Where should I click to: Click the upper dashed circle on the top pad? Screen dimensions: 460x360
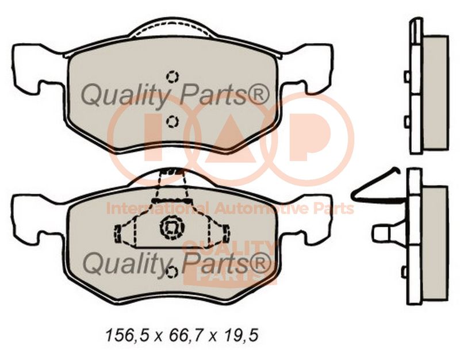tap(172, 76)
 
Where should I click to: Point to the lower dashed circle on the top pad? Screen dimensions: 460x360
tap(172, 121)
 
